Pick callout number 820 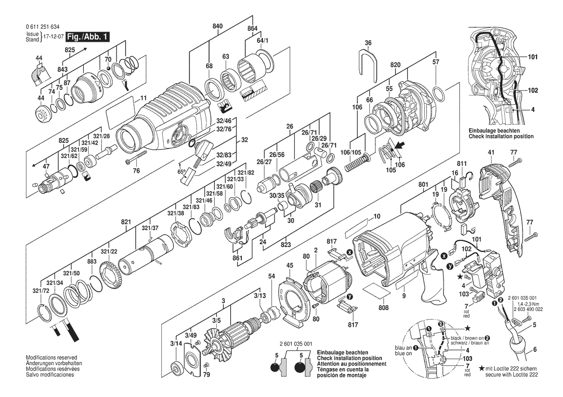[395, 64]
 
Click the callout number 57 [436, 62]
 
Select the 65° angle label [182, 172]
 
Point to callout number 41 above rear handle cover [491, 153]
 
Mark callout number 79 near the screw [207, 374]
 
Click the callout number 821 [126, 222]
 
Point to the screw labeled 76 [137, 157]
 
